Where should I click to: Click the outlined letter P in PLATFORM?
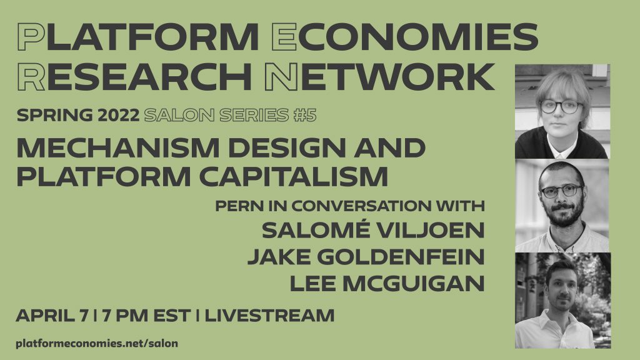[31, 37]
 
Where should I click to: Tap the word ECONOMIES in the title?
[404, 37]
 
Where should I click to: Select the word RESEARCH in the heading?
[134, 77]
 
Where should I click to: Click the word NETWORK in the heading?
[379, 77]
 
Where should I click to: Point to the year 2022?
[118, 116]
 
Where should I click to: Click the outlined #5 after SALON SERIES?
[305, 116]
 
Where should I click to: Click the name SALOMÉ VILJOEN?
[373, 230]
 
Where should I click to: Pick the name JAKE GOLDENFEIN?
[366, 257]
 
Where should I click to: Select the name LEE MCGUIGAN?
[387, 284]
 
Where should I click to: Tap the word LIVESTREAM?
[269, 316]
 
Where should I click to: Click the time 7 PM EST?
[146, 316]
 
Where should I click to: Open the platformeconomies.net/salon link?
[97, 343]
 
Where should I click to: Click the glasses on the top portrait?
[561, 107]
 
